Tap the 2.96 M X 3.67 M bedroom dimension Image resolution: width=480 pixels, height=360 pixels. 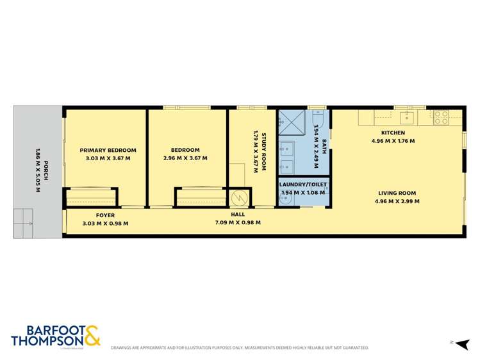click(185, 158)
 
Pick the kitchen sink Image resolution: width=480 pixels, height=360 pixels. click(407, 117)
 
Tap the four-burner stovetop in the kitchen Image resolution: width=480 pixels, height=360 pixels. click(441, 117)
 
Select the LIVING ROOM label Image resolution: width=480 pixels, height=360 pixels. click(397, 193)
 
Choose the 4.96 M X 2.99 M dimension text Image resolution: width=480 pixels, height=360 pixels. click(397, 201)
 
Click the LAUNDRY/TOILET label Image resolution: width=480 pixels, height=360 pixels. click(304, 184)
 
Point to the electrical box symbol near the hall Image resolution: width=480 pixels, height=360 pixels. click(238, 198)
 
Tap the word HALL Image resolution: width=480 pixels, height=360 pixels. click(238, 215)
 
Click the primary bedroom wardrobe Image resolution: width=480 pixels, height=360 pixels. click(90, 197)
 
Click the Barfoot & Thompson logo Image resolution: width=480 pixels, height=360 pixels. click(55, 336)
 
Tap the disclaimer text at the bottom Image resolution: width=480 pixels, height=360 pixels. click(240, 348)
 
